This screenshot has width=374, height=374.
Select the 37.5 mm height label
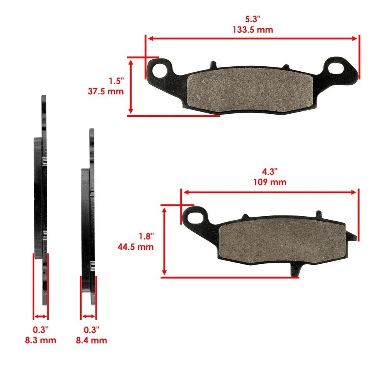[106, 92]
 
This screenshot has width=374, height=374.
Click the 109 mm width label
[270, 182]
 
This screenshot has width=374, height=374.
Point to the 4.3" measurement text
[270, 171]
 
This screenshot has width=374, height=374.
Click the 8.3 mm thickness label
[40, 340]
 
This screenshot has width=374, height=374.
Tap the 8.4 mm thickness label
[91, 340]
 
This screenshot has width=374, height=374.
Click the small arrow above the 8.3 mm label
[41, 316]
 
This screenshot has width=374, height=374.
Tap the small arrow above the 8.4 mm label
[88, 316]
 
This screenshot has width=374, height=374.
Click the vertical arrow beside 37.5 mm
[131, 86]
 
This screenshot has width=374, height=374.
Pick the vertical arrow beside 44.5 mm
[165, 241]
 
